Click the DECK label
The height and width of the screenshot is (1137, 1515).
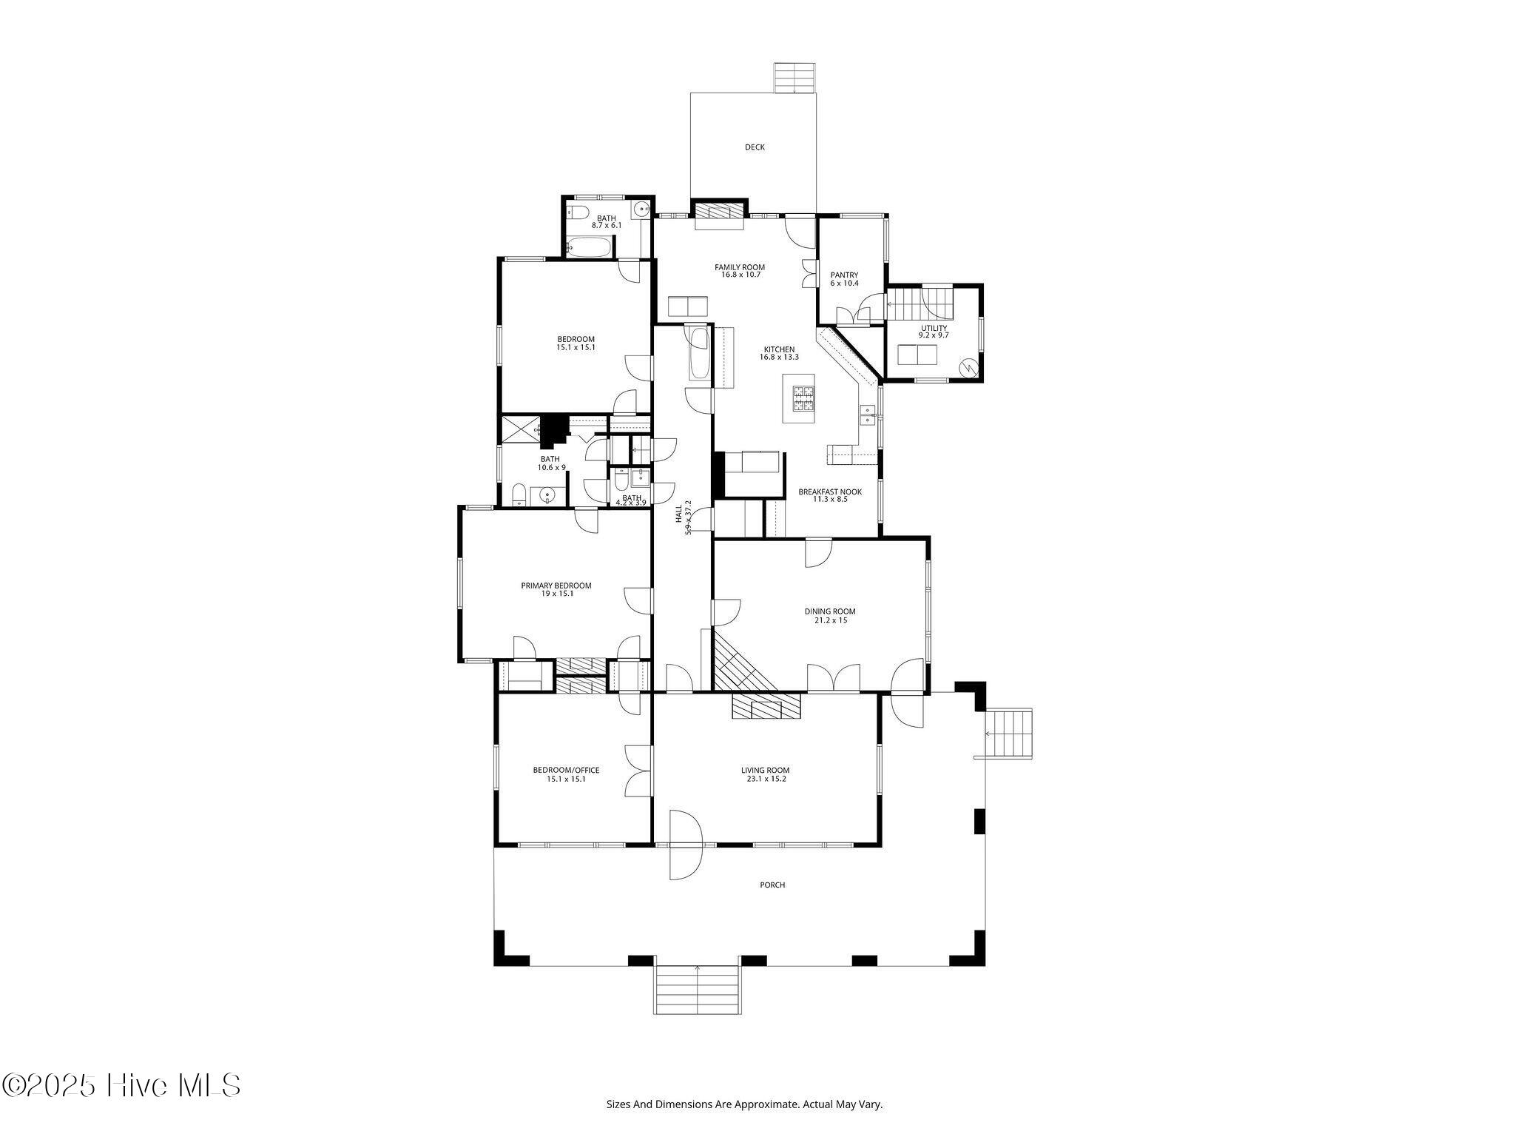(x=755, y=147)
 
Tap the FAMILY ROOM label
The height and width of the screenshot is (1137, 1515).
(x=740, y=267)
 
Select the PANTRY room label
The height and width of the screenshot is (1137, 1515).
(x=844, y=275)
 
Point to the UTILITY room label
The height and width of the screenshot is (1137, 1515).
(x=934, y=328)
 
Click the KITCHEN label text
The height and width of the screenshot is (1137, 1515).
(x=780, y=349)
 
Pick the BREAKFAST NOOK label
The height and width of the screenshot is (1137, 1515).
(x=830, y=492)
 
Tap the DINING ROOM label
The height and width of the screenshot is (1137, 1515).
(x=830, y=611)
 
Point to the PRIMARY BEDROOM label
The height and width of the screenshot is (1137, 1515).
(x=556, y=586)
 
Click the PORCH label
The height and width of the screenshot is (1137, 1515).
(x=772, y=885)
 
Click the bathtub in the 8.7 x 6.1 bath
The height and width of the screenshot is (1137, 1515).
(x=590, y=247)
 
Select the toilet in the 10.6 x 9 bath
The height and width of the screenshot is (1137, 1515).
(x=519, y=494)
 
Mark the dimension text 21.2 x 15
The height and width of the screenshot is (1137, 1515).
(x=830, y=620)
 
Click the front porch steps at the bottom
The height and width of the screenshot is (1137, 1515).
(x=698, y=990)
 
